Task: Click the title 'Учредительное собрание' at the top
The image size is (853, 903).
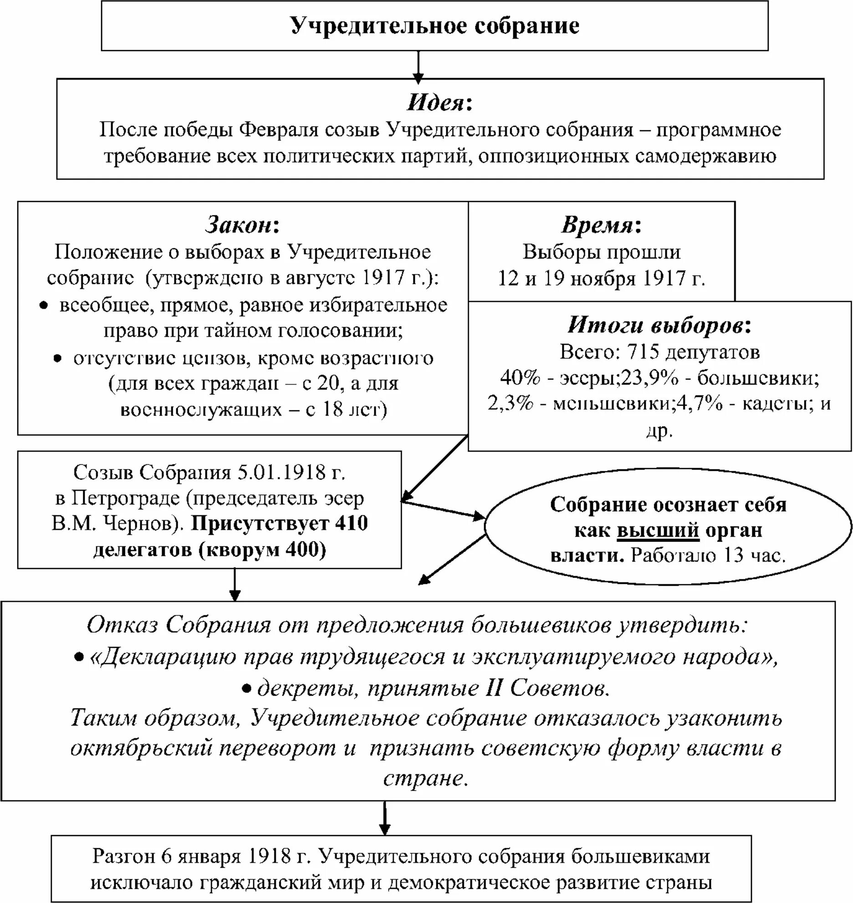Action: (x=435, y=26)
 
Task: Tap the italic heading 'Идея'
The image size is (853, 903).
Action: (x=434, y=103)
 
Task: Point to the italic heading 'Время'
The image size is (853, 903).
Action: (x=597, y=225)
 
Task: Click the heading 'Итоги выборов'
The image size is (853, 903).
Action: (x=655, y=325)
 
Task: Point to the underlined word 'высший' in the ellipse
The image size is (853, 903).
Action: (x=658, y=530)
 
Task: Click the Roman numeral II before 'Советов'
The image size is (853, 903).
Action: (x=494, y=688)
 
